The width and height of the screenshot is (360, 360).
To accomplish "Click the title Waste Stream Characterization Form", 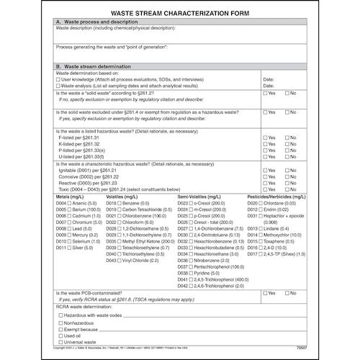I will pyautogui.click(x=180, y=13).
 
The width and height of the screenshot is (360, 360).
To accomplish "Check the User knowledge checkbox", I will pyautogui.click(x=58, y=78).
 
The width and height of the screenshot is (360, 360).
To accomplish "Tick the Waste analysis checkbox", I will pyautogui.click(x=58, y=84).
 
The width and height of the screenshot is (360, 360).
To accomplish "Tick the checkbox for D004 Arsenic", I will pyautogui.click(x=71, y=204).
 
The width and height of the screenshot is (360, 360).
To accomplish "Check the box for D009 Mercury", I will pyautogui.click(x=71, y=234).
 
